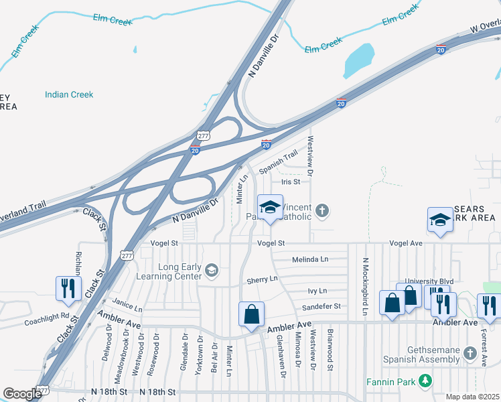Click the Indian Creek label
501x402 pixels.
(69, 94)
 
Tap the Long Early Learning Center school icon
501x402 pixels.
(211, 271)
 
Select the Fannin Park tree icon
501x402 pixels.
(425, 381)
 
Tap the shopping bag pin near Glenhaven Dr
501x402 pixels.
(251, 314)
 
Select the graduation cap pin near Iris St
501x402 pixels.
(270, 207)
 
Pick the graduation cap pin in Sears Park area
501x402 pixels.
(440, 220)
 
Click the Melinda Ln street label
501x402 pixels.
(310, 259)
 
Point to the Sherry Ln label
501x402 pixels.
(262, 279)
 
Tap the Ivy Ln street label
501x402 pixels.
(317, 291)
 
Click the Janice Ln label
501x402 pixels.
(127, 306)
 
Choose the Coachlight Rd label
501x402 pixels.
(47, 319)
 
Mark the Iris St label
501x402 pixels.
(290, 182)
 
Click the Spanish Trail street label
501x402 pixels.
(278, 163)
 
